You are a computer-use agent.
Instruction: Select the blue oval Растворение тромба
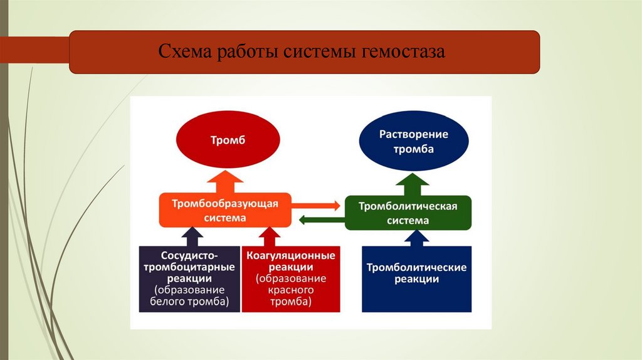(x=413, y=142)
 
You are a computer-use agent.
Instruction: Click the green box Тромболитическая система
(x=408, y=213)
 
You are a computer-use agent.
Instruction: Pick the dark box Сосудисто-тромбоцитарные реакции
(x=189, y=279)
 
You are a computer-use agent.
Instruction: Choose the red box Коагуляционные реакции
(x=291, y=279)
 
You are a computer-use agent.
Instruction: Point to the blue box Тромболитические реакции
(x=416, y=279)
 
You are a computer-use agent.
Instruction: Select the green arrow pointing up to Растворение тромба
(x=413, y=183)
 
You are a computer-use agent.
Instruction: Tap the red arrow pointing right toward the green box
(x=317, y=204)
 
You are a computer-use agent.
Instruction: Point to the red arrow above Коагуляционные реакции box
(x=270, y=236)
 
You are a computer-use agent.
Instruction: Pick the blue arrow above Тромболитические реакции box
(x=416, y=238)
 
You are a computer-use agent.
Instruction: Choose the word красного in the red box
(x=291, y=290)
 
